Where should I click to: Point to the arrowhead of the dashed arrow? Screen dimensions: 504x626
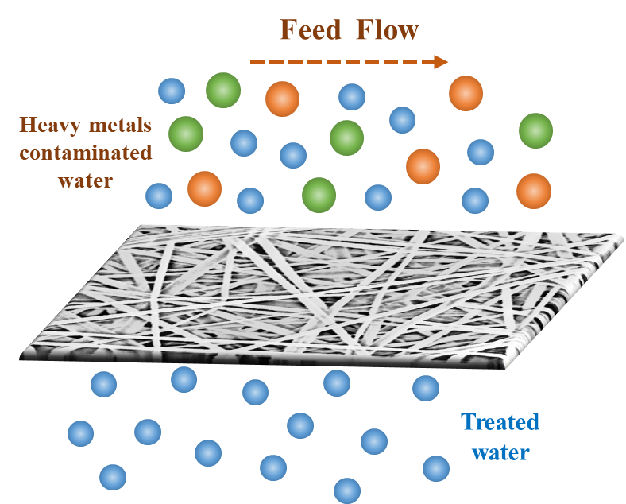click(440, 62)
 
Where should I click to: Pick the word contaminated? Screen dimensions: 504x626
click(85, 153)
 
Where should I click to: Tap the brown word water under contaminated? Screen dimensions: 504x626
click(85, 179)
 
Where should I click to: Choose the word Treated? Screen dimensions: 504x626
click(500, 422)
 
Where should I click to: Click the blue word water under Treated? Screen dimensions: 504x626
click(500, 452)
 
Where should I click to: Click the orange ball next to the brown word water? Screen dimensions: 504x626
click(204, 189)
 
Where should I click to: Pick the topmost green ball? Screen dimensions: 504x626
click(222, 90)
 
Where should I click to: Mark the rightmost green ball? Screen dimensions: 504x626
click(536, 130)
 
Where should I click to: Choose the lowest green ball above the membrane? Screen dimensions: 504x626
click(319, 194)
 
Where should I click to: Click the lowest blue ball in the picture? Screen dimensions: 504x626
click(347, 490)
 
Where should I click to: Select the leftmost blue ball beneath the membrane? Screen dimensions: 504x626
click(81, 433)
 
